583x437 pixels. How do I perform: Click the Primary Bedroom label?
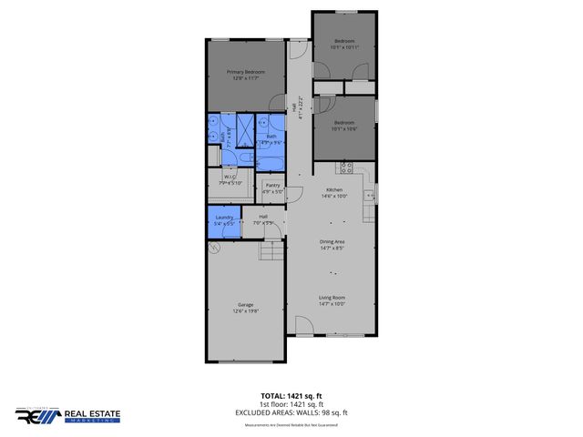(246, 72)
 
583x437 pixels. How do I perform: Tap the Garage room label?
(245, 304)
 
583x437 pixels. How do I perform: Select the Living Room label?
(332, 298)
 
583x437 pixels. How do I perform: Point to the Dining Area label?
(332, 241)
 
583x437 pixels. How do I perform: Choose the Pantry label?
(272, 186)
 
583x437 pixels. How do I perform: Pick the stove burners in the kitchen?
(346, 167)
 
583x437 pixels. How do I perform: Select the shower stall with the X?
(247, 127)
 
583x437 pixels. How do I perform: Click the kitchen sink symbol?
(370, 195)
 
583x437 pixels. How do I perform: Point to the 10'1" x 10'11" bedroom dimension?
(346, 47)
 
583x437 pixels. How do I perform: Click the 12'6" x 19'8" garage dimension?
(245, 310)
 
